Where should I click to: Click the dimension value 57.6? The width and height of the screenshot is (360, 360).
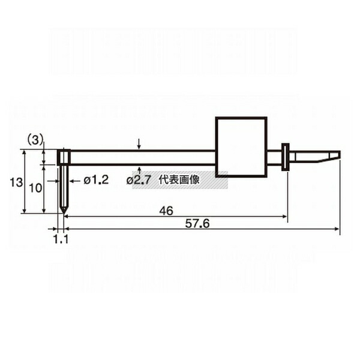[x=197, y=223]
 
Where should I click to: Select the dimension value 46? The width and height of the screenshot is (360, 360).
[x=166, y=211]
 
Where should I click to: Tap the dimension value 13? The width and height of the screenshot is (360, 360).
[x=16, y=182]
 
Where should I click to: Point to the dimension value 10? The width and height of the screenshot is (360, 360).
[x=35, y=188]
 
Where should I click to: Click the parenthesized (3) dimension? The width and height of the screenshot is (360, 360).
[x=35, y=140]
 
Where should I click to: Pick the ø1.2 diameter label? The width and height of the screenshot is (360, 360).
[x=96, y=180]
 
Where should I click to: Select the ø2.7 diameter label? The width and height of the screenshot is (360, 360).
[x=139, y=181]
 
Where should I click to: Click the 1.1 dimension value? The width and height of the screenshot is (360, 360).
[x=61, y=239]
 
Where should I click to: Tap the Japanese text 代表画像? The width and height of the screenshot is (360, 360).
[x=179, y=180]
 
